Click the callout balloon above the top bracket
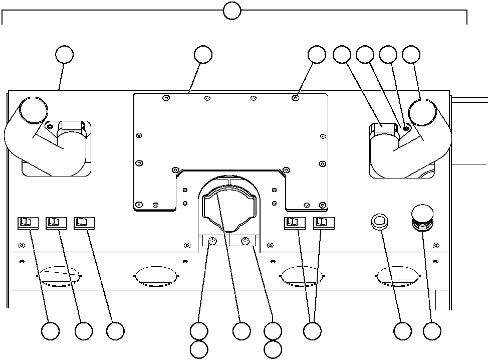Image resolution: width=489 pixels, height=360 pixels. (x=231, y=11)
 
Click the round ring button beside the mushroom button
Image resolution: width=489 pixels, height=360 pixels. (x=380, y=221)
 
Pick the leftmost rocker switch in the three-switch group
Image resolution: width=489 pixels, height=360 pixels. (x=27, y=222)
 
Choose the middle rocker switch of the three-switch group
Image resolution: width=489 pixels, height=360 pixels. (x=55, y=222)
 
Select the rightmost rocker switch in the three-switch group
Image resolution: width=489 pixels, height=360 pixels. (x=83, y=222)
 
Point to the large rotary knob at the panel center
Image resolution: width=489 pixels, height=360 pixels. (x=228, y=209)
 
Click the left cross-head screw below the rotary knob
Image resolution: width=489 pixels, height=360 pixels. (x=212, y=241)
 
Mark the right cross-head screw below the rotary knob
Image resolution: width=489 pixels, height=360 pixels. (x=246, y=241)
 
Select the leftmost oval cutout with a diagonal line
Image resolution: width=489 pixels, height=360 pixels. (x=59, y=276)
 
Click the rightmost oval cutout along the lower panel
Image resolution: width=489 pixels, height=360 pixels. (x=397, y=276)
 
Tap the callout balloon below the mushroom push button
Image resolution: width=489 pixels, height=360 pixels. (x=432, y=331)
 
